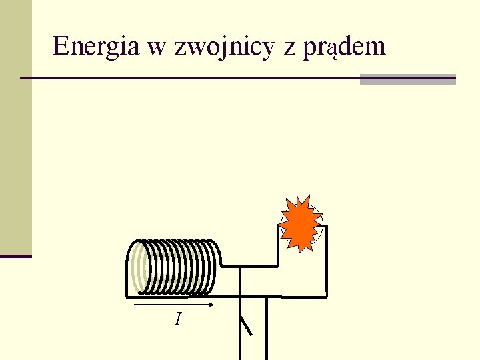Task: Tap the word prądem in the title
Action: point(344,47)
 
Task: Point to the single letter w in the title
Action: point(163,47)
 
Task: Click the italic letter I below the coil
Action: point(177,319)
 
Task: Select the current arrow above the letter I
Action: point(173,307)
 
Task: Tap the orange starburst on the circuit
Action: point(301,224)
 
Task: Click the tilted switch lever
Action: point(246,326)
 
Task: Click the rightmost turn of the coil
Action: point(211,267)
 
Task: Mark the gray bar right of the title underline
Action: point(407,79)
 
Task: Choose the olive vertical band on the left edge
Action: point(15,127)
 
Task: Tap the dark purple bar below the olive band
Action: point(15,256)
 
